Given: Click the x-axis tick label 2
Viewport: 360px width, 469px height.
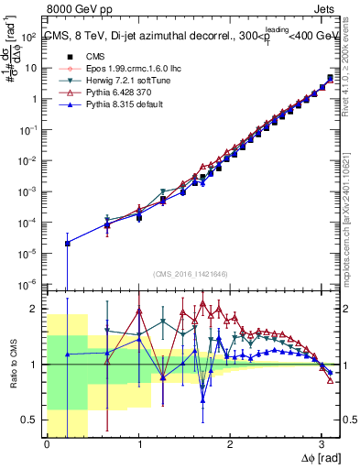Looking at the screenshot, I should (x=230, y=442).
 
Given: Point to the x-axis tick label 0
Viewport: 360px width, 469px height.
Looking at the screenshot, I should (x=47, y=442).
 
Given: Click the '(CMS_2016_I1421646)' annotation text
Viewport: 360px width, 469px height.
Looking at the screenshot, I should (x=190, y=274).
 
